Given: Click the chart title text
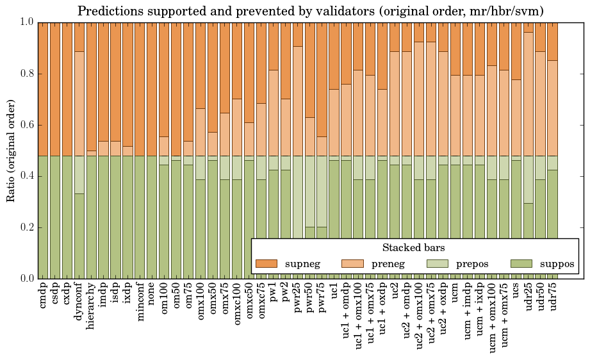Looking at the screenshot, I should [311, 11].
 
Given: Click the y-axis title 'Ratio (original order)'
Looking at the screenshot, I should [11, 151].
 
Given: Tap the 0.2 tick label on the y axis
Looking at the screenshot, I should [25, 227].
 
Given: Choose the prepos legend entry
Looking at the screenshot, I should [458, 263].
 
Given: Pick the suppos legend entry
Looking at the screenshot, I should [542, 263].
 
